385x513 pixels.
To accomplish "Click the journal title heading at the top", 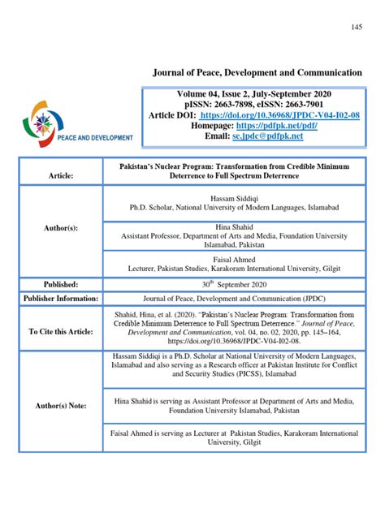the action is pyautogui.click(x=257, y=73).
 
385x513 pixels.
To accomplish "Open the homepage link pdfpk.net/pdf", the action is pyautogui.click(x=299, y=127).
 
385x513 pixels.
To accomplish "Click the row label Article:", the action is pyautogui.click(x=60, y=175).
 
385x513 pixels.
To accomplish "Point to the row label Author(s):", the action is pyautogui.click(x=60, y=229).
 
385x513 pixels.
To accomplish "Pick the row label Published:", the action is pyautogui.click(x=60, y=284).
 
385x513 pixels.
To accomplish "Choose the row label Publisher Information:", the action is pyautogui.click(x=60, y=299).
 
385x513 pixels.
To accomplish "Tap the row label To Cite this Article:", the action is pyautogui.click(x=60, y=331).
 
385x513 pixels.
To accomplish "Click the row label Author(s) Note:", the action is pyautogui.click(x=60, y=405).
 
